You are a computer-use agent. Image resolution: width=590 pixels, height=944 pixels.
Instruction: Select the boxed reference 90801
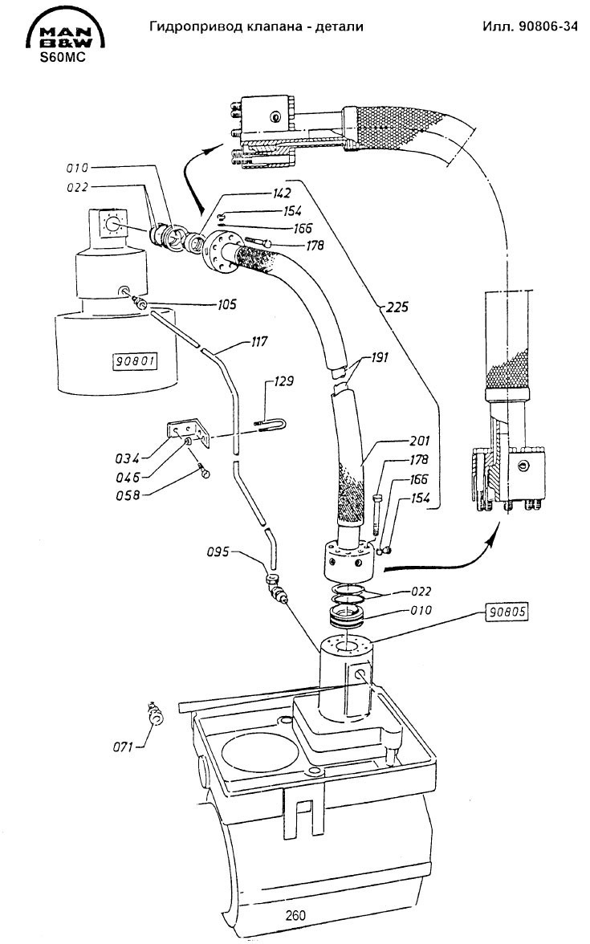[x=136, y=361]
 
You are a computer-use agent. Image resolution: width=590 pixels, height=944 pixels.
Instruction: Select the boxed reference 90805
[x=507, y=612]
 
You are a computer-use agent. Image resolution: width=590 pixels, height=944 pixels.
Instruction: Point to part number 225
[x=397, y=307]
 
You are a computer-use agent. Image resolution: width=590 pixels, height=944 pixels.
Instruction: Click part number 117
[x=258, y=342]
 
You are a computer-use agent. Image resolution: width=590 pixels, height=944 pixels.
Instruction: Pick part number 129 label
[x=283, y=381]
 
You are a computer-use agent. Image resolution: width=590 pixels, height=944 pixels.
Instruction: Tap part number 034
[x=127, y=459]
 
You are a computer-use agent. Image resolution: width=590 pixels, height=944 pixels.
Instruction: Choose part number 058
[x=128, y=494]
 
